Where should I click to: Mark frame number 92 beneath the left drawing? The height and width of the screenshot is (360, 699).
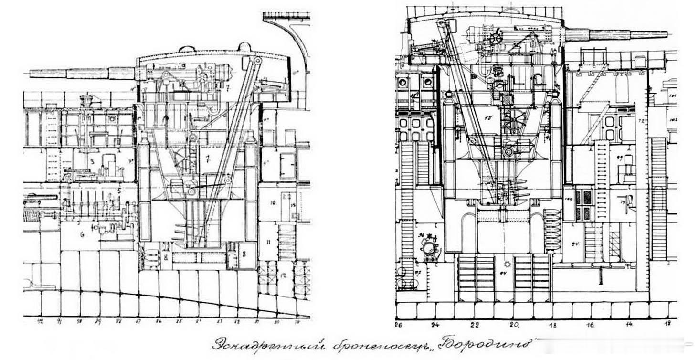pos(40,321)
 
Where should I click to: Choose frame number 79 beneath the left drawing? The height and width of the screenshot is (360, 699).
pos(297,321)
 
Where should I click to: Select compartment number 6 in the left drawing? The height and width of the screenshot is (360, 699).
pos(82,234)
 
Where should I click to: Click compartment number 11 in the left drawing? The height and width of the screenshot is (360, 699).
pos(268,242)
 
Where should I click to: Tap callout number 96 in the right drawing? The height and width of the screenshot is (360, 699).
pos(422,235)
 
